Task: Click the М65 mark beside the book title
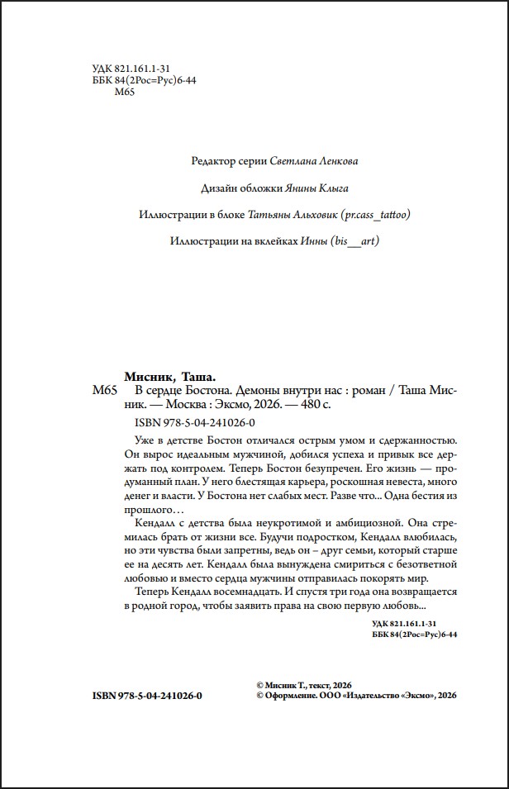pyautogui.click(x=107, y=390)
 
